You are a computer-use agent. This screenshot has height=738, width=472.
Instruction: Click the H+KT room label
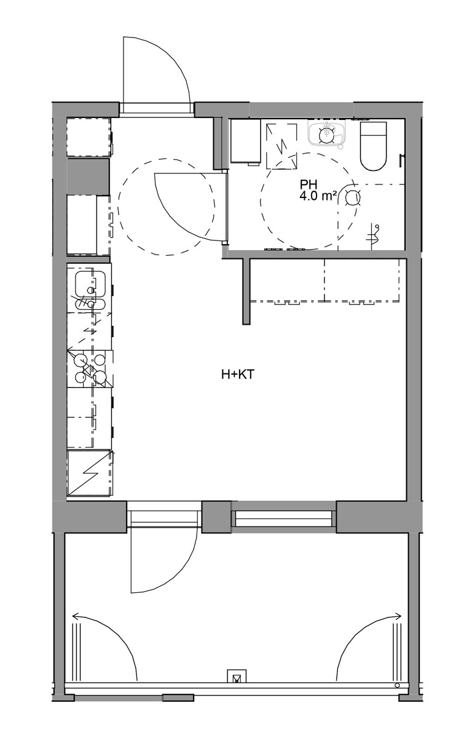point(238,375)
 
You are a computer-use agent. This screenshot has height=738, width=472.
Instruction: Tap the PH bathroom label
point(308,184)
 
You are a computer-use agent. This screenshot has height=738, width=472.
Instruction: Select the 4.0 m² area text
point(318,196)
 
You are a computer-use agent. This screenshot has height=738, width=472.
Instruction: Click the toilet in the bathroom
point(373,146)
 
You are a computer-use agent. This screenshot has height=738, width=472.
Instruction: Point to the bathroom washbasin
point(326,132)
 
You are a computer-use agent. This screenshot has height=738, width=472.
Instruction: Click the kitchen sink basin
point(90,284)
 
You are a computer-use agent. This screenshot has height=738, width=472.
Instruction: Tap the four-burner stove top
point(90,368)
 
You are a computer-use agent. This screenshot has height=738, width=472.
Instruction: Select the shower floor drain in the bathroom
point(352,197)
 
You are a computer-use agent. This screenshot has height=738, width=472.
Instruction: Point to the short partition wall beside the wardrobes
point(246,292)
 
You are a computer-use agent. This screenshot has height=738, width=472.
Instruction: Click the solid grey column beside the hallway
point(88,177)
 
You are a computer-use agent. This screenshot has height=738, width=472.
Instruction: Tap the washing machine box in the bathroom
point(246,141)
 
